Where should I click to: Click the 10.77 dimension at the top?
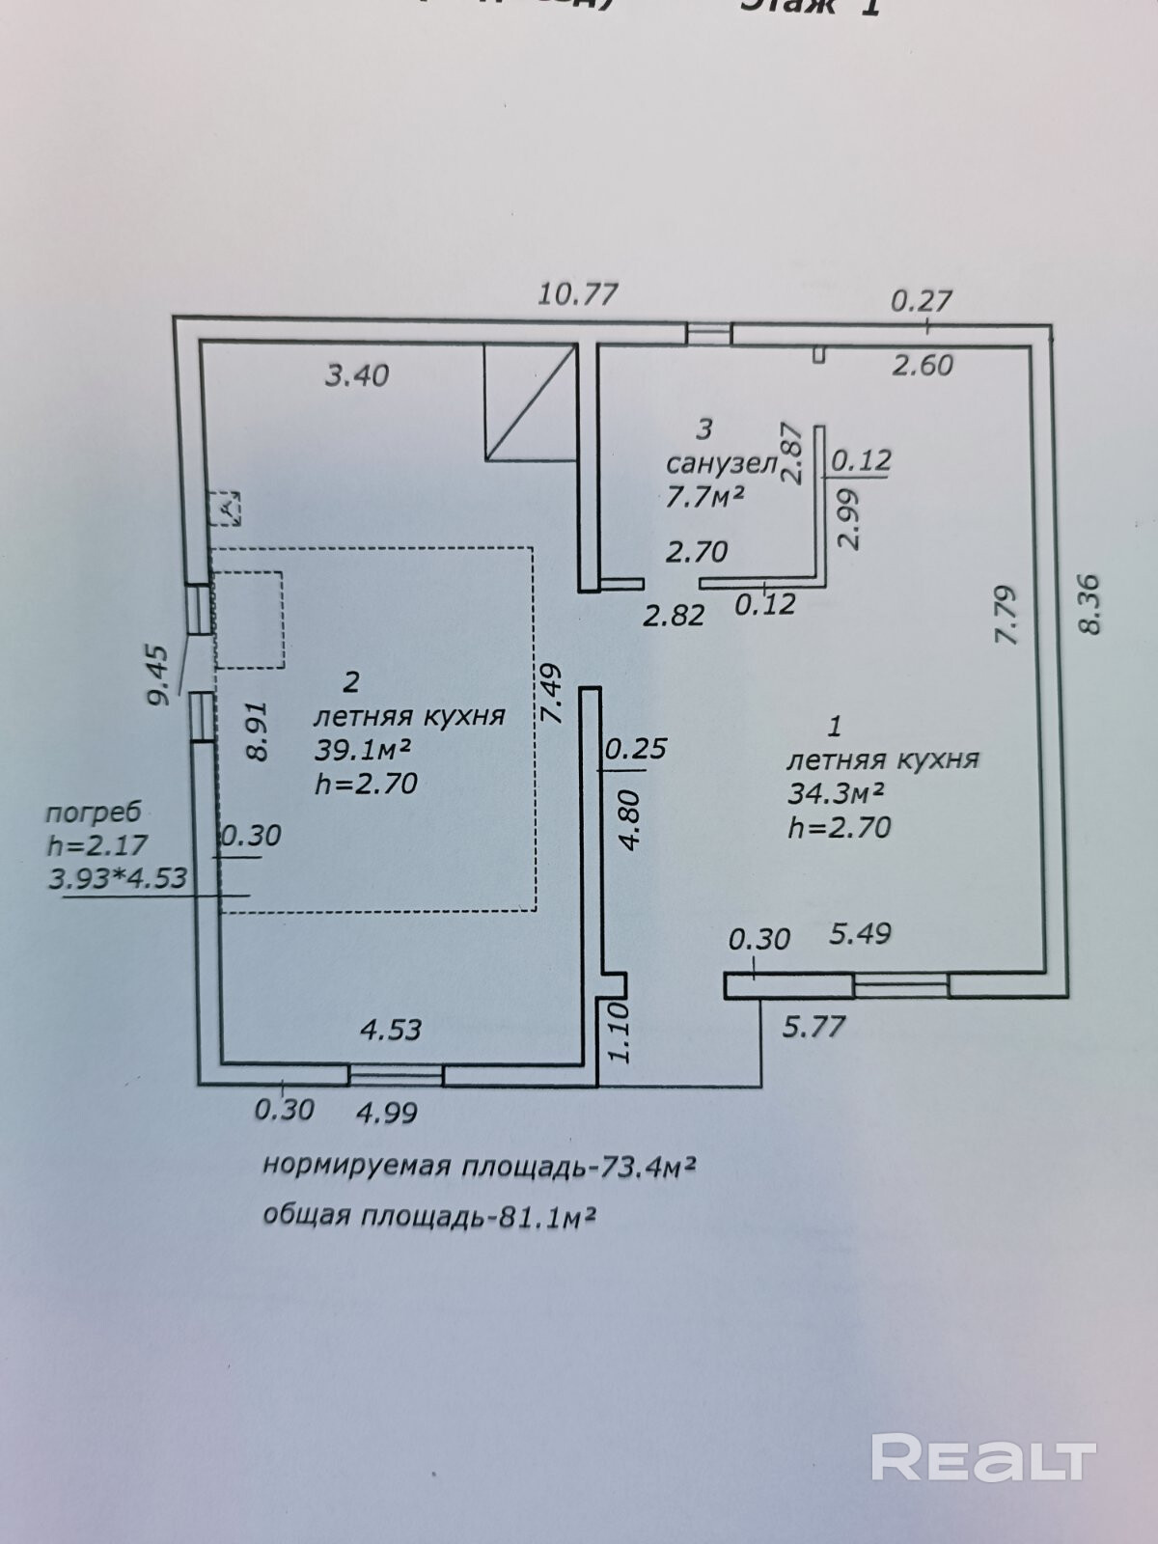(x=577, y=292)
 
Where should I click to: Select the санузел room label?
(x=721, y=464)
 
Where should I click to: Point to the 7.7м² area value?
(x=705, y=496)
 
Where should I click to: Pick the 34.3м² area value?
(x=837, y=793)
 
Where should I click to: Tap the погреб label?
(x=93, y=812)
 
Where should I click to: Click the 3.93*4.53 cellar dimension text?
(x=117, y=878)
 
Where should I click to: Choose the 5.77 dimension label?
(x=813, y=1026)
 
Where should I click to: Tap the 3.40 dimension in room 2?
(x=356, y=374)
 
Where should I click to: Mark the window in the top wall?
(x=709, y=334)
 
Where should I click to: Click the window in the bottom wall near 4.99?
(x=396, y=1074)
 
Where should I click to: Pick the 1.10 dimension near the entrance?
(x=619, y=1032)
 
